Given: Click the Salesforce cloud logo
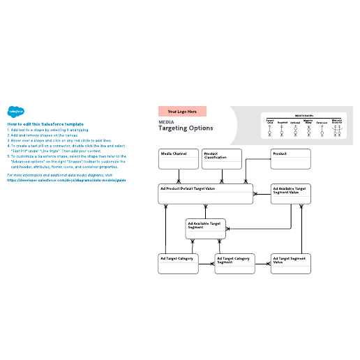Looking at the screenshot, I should [15, 111].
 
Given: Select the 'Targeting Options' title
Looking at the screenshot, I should [186, 128].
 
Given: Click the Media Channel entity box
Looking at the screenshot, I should [178, 158].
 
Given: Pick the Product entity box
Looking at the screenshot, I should [290, 158].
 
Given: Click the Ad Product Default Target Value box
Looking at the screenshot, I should [206, 194].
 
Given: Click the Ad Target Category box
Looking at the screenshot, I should [178, 263].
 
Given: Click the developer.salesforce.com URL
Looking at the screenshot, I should [66, 179].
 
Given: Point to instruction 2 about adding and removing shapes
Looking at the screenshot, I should [49, 135].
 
